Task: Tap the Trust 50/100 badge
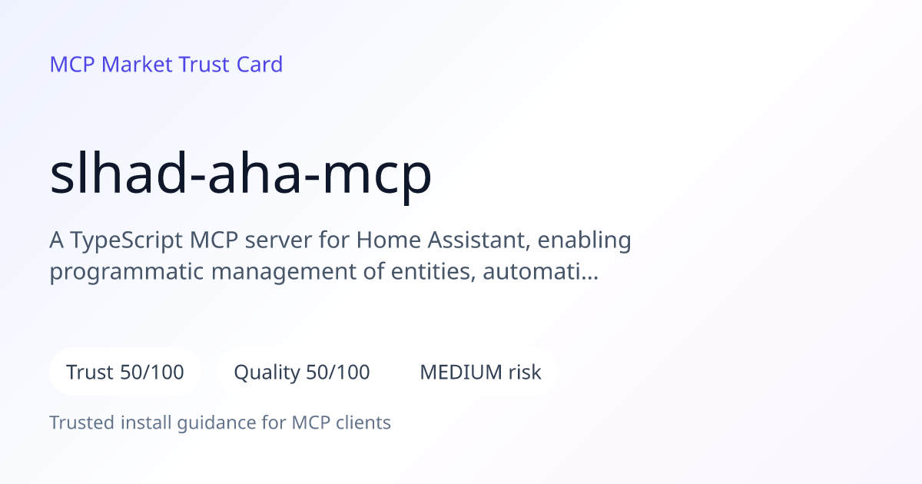coord(125,372)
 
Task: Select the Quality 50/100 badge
coord(302,372)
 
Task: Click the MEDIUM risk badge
coord(480,372)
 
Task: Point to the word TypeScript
coord(126,240)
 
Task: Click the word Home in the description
coord(388,240)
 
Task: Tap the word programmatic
coord(126,273)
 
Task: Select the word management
coord(284,273)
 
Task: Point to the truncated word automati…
coord(540,272)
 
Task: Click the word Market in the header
coord(137,65)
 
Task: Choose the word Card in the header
coord(260,65)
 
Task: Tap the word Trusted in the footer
coord(82,423)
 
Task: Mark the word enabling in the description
coord(584,240)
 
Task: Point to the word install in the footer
coord(146,423)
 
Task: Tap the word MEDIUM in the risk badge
coord(460,372)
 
